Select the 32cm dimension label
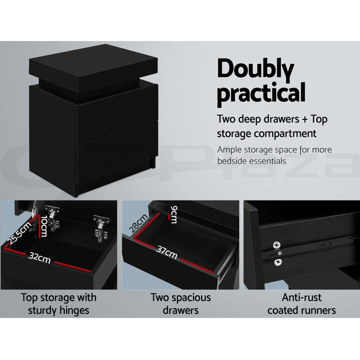click(40, 258)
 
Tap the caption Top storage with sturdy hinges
click(59, 303)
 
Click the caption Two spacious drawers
click(180, 303)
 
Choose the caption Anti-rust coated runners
click(302, 303)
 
